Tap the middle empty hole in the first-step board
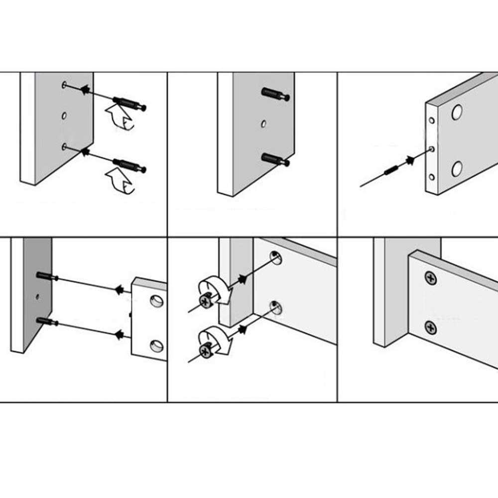tap(64, 116)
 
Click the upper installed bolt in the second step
tap(275, 95)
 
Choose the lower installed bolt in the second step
tap(275, 159)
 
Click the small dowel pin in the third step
tap(391, 170)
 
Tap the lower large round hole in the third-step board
tap(457, 169)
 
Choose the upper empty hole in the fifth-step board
tap(275, 257)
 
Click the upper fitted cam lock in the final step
tap(431, 279)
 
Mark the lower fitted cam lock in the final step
tap(431, 328)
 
